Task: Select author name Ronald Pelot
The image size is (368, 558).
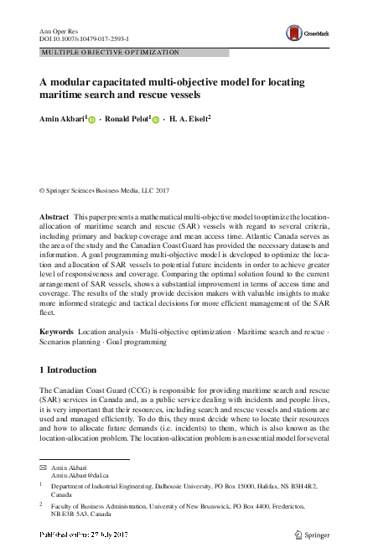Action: click(x=129, y=119)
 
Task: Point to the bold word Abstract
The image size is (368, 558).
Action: click(x=54, y=216)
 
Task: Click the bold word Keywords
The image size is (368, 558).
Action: click(x=56, y=333)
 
